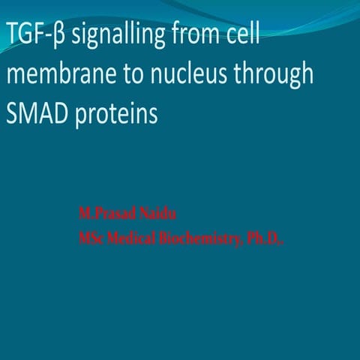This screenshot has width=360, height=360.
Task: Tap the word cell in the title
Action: pyautogui.click(x=240, y=34)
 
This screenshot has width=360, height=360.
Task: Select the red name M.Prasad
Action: pyautogui.click(x=104, y=214)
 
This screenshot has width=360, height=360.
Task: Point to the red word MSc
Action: pyautogui.click(x=92, y=239)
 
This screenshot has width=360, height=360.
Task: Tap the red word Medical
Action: pyautogui.click(x=135, y=239)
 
